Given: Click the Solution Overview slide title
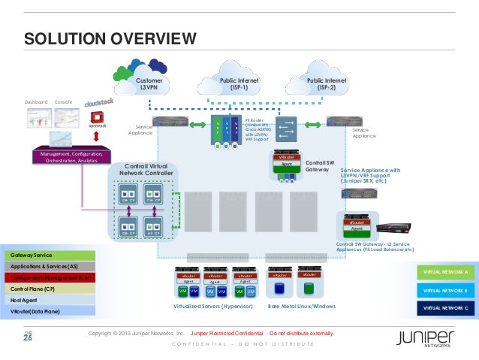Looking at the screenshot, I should click(x=110, y=38).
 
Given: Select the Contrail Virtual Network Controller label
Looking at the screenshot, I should click(x=146, y=170).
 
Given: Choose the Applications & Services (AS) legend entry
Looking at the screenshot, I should click(x=49, y=267).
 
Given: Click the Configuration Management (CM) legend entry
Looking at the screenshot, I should click(x=49, y=277).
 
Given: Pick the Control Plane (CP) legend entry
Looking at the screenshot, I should click(x=49, y=289).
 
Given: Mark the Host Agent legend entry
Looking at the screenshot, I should click(x=49, y=299).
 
